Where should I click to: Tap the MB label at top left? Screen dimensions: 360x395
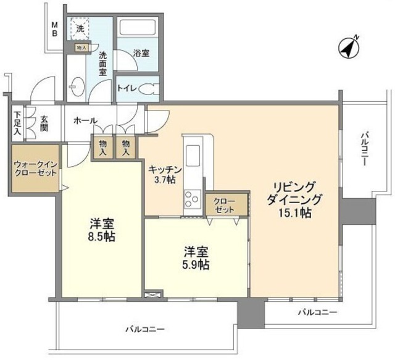55,29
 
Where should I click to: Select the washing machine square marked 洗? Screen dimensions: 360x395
80,27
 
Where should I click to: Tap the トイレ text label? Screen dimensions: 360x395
128,89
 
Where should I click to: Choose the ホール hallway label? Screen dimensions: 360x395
85,121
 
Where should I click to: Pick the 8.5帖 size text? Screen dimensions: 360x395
101,237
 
